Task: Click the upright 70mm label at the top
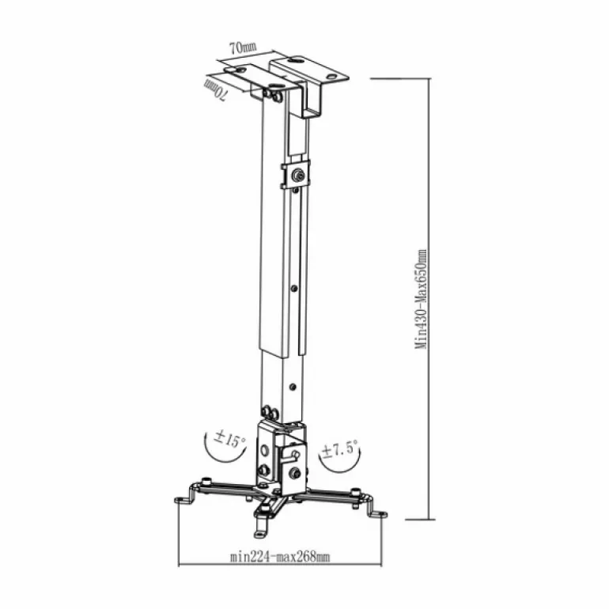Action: pos(243,47)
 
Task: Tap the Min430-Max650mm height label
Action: pos(421,300)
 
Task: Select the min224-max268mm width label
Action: pos(280,557)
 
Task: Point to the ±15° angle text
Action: pos(229,439)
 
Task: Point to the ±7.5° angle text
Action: pos(339,450)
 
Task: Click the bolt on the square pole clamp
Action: pos(298,176)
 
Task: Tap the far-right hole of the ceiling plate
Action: pos(331,77)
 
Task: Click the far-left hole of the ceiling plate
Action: pos(240,70)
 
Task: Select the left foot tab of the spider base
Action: pos(184,499)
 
